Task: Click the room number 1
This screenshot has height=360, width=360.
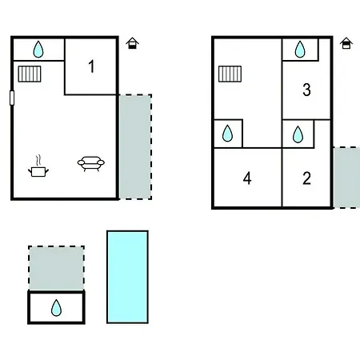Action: click(x=91, y=66)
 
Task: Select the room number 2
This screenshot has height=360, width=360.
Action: click(x=306, y=178)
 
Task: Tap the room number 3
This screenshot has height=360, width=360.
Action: click(x=306, y=90)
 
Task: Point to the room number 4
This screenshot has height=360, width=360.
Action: click(x=247, y=178)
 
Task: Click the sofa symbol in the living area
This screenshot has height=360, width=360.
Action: click(x=91, y=163)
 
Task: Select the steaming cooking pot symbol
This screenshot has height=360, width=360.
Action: click(x=38, y=166)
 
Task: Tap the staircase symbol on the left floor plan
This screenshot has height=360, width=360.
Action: click(x=30, y=74)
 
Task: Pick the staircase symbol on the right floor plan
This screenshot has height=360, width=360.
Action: click(x=230, y=74)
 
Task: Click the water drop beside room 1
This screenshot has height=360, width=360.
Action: click(x=38, y=50)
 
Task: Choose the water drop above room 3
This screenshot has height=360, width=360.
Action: click(x=300, y=50)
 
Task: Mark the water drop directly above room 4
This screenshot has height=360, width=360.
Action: click(x=227, y=133)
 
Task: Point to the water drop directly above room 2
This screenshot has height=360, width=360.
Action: click(x=298, y=134)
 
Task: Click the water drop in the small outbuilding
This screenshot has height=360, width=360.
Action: click(x=56, y=308)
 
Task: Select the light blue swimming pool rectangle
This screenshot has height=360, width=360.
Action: click(x=127, y=277)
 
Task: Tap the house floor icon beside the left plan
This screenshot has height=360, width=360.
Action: click(x=133, y=43)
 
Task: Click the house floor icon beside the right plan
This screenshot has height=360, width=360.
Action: click(x=346, y=43)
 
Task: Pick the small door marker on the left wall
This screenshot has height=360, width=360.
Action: click(x=12, y=98)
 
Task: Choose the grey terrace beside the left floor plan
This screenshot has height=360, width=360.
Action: click(x=135, y=146)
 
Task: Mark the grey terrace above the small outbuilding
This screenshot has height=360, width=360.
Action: click(x=56, y=268)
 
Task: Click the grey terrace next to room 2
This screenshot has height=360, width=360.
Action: click(x=346, y=178)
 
